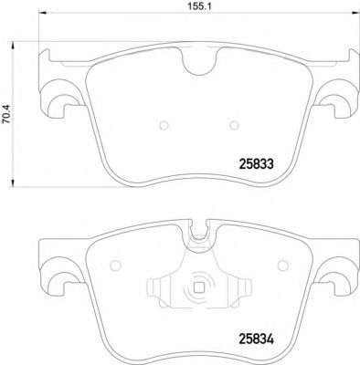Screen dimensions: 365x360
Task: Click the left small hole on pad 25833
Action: (161, 125)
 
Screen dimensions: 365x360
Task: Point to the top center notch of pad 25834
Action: (200, 235)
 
